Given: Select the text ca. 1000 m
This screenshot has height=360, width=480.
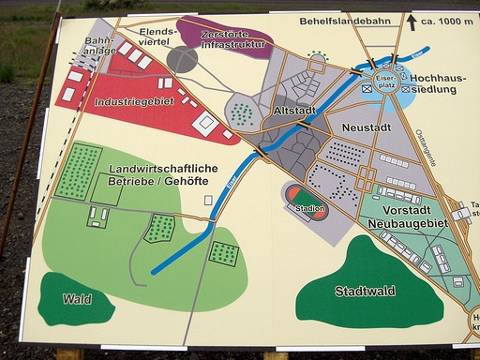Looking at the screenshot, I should [x=444, y=22].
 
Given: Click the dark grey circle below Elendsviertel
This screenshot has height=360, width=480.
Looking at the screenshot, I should [x=182, y=59].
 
